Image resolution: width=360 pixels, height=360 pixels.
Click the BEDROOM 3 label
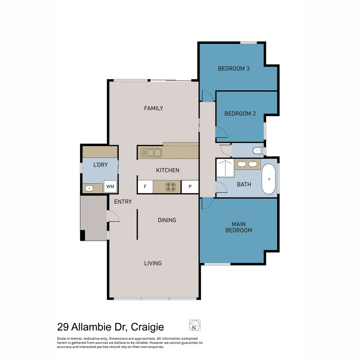pyautogui.click(x=234, y=69)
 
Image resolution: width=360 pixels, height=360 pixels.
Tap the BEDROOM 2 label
pyautogui.click(x=240, y=114)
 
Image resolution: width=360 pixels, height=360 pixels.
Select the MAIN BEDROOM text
pyautogui.click(x=239, y=227)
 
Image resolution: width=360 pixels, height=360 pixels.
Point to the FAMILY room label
pyautogui.click(x=153, y=108)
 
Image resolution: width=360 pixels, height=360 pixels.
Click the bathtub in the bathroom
pyautogui.click(x=269, y=179)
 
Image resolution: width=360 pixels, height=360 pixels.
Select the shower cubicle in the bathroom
pyautogui.click(x=225, y=168)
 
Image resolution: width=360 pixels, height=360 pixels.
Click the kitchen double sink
pyautogui.click(x=151, y=153)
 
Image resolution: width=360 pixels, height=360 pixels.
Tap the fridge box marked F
pyautogui.click(x=145, y=187)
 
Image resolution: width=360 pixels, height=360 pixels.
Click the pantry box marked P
pyautogui.click(x=190, y=187)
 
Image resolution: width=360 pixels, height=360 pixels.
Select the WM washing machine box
pyautogui.click(x=110, y=187)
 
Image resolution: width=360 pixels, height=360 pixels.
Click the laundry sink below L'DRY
pyautogui.click(x=89, y=188)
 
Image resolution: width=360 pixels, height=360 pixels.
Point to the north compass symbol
pyautogui.click(x=195, y=325)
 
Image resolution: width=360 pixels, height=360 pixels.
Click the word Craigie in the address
pyautogui.click(x=147, y=327)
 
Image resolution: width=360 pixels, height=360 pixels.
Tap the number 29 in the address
pyautogui.click(x=63, y=327)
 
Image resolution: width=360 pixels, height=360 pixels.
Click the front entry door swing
pyautogui.click(x=113, y=217)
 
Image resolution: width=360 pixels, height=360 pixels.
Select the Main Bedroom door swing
pyautogui.click(x=207, y=203)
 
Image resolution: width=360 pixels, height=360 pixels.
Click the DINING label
pyautogui.click(x=167, y=220)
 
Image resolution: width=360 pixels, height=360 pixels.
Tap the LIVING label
pyautogui.click(x=153, y=263)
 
